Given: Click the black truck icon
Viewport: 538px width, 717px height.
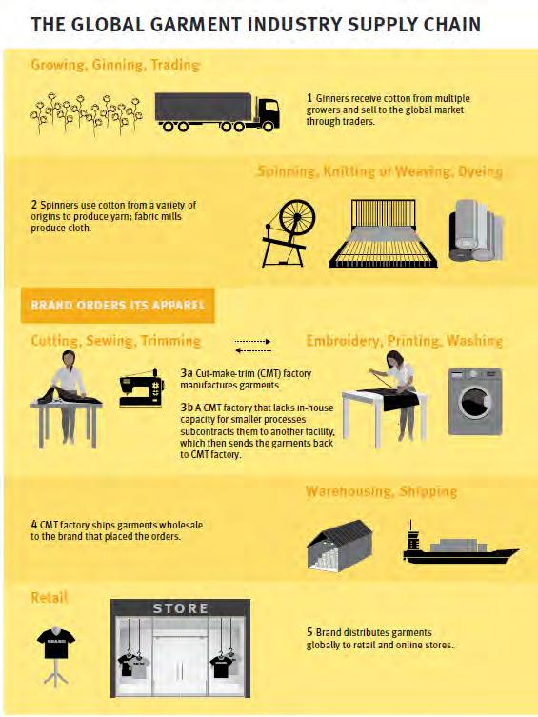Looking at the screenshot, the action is point(217,112).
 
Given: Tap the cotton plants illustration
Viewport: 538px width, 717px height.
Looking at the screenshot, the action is point(87,114).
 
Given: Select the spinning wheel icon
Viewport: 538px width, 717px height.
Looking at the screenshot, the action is point(289,233).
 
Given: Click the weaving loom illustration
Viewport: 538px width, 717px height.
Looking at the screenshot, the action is point(383,233).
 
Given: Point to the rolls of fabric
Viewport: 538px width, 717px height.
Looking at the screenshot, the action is point(476,230).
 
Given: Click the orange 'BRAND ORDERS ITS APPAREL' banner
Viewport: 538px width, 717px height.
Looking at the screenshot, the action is point(117,305).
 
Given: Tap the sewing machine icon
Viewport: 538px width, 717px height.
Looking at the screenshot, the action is point(142,388).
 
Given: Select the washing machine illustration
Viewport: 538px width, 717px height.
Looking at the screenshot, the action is point(475,401).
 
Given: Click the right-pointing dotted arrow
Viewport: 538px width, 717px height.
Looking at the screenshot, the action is point(252,341).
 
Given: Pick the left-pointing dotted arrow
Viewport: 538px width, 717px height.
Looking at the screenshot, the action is point(252,350).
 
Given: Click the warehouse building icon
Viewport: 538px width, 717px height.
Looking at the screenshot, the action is point(340,545).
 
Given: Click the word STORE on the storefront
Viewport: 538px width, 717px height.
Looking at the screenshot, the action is point(181,608).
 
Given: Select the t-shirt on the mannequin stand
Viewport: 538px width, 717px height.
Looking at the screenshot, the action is point(56,643).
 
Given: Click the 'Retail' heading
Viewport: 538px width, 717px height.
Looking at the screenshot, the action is point(50,597).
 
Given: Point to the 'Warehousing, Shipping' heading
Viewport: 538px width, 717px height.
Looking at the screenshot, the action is point(381,491).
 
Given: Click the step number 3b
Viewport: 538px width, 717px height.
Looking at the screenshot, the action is point(187,408).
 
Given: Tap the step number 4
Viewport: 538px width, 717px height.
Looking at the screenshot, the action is point(34,524).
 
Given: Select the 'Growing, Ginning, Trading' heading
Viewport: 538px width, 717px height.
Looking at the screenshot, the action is point(115,65).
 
